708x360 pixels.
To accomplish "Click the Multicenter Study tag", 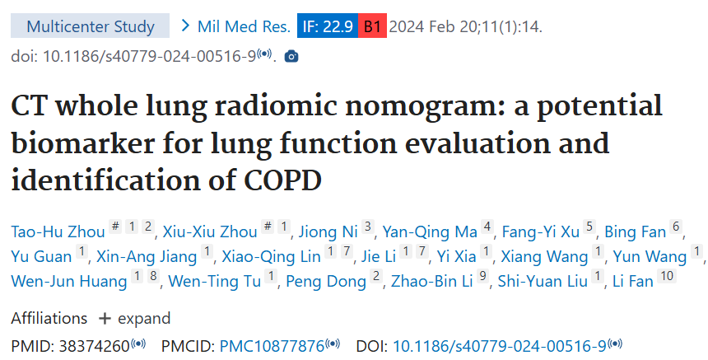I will [x=91, y=26].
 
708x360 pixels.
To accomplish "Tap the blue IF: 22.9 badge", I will [x=328, y=26].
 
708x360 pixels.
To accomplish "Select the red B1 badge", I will [x=372, y=26].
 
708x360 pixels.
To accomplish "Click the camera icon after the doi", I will [x=291, y=57].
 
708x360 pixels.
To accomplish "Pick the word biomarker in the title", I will [x=91, y=143].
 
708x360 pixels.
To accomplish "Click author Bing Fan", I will [x=636, y=231].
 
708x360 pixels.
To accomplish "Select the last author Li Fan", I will [x=631, y=281].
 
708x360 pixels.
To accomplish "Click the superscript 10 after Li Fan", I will [x=666, y=276].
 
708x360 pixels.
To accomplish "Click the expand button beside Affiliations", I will [x=135, y=318].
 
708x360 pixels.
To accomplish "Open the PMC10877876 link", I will [x=272, y=346].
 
